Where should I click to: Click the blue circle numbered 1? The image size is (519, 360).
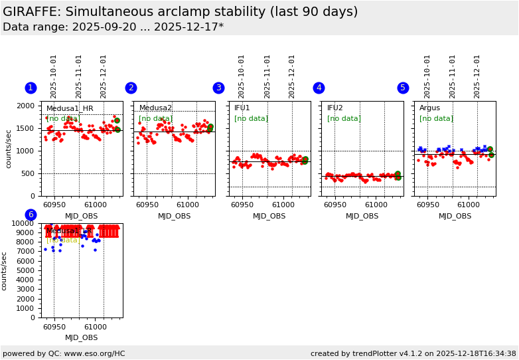coord(31,88)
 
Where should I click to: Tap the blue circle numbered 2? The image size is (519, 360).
coord(131,88)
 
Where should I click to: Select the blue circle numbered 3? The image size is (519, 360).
coord(218,88)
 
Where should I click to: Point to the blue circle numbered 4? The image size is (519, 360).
coord(319,88)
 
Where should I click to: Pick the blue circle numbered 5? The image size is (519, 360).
coord(403,88)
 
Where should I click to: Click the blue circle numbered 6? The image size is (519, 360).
coord(31,215)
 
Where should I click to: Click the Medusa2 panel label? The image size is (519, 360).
coord(155,108)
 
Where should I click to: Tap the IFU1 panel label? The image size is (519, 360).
coord(242,108)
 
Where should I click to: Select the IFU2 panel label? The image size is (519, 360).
coord(335,108)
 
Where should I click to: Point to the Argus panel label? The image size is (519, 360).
coord(429,108)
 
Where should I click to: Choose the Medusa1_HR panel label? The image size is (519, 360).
coord(70,108)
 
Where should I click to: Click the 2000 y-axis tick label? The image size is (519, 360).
coord(25,106)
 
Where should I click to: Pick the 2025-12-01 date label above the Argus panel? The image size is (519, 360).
coord(477,76)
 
